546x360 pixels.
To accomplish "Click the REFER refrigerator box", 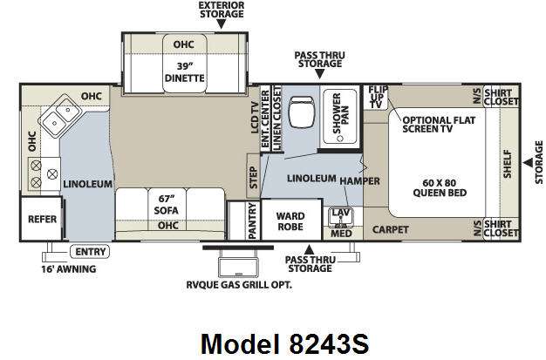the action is pos(41,219).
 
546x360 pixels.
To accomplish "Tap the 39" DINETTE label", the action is pos(184,72).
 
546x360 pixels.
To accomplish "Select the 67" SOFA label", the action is pos(166,204).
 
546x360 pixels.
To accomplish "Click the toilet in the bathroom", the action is pos(301,112).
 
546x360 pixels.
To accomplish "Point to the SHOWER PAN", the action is pos(340,116).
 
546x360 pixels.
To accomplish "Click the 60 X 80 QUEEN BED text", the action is pos(440,187).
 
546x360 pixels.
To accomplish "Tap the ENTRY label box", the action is pos(90,251).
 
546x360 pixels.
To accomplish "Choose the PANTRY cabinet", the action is pos(252,221).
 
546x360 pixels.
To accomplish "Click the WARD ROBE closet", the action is pos(291,220).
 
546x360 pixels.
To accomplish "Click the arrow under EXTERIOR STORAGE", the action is pos(222,24).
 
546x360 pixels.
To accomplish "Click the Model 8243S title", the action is pos(284,344).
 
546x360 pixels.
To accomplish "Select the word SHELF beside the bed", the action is pos(508,164).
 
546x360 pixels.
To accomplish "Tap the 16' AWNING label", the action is pos(69,269).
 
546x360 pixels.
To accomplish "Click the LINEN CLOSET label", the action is pos(277,119).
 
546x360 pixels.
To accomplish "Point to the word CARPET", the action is pos(391,230).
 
